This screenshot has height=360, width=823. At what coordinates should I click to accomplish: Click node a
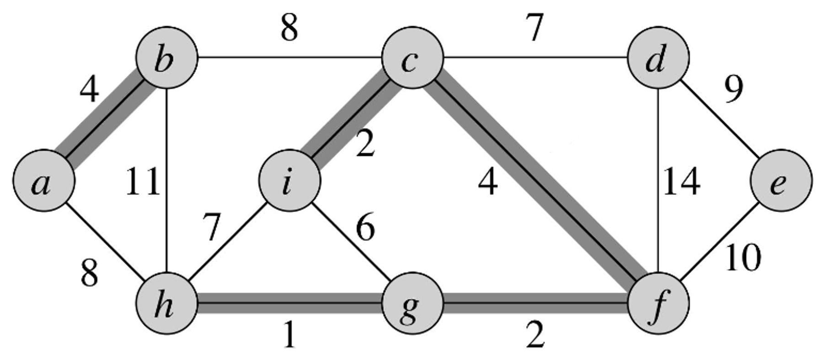click(43, 181)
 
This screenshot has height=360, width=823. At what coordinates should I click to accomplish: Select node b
click(167, 58)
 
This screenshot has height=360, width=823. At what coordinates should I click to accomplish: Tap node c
click(412, 58)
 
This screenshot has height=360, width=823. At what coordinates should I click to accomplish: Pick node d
click(658, 58)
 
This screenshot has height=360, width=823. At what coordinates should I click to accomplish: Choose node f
click(658, 303)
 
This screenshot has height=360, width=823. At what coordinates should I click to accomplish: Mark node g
click(412, 303)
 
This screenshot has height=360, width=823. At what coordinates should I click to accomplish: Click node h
click(167, 303)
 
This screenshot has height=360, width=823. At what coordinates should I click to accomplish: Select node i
click(289, 181)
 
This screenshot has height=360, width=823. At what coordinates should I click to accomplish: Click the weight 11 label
click(143, 182)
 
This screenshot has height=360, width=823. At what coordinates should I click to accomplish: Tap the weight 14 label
click(681, 182)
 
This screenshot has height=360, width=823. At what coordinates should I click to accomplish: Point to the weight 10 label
click(743, 258)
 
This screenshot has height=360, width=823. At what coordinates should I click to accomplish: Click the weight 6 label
click(365, 227)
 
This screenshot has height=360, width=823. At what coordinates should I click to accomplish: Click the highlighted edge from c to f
click(535, 181)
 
